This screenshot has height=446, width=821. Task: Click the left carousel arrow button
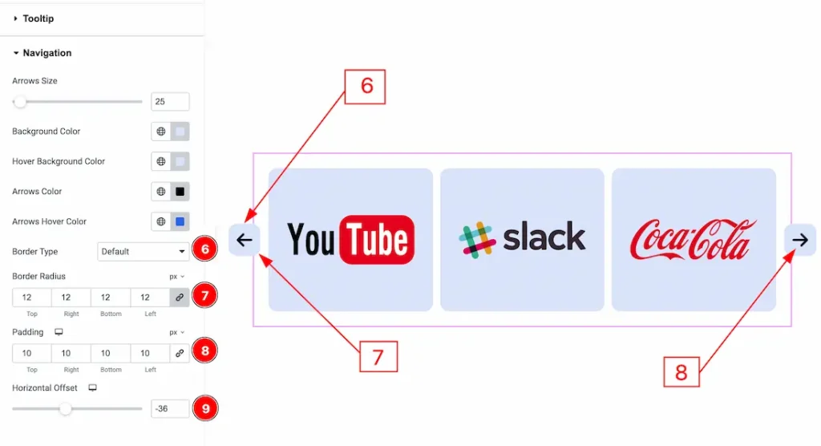pyautogui.click(x=244, y=240)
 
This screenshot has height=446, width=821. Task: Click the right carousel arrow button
pyautogui.click(x=800, y=240)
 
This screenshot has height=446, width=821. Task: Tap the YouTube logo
pyautogui.click(x=350, y=239)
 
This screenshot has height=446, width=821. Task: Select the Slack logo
pyautogui.click(x=522, y=239)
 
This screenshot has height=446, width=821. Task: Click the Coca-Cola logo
pyautogui.click(x=694, y=239)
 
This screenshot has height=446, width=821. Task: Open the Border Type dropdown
pyautogui.click(x=143, y=252)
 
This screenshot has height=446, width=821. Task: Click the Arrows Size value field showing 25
pyautogui.click(x=170, y=102)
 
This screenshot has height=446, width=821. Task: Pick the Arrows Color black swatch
pyautogui.click(x=180, y=192)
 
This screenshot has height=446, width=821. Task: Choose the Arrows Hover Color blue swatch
pyautogui.click(x=180, y=221)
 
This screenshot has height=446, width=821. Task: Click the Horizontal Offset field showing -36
pyautogui.click(x=170, y=409)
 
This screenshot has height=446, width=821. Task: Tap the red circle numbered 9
pyautogui.click(x=206, y=409)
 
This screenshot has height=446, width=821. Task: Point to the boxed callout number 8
pyautogui.click(x=681, y=372)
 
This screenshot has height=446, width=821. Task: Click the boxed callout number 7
pyautogui.click(x=378, y=357)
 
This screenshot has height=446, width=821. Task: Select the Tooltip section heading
pyautogui.click(x=38, y=18)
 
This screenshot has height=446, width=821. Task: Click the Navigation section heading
pyautogui.click(x=47, y=53)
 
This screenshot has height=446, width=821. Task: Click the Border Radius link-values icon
pyautogui.click(x=180, y=298)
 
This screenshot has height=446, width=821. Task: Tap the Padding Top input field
pyautogui.click(x=32, y=353)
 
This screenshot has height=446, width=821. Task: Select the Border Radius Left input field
pyautogui.click(x=150, y=298)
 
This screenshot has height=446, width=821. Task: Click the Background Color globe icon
pyautogui.click(x=161, y=132)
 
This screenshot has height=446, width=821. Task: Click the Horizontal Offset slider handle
pyautogui.click(x=66, y=409)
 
